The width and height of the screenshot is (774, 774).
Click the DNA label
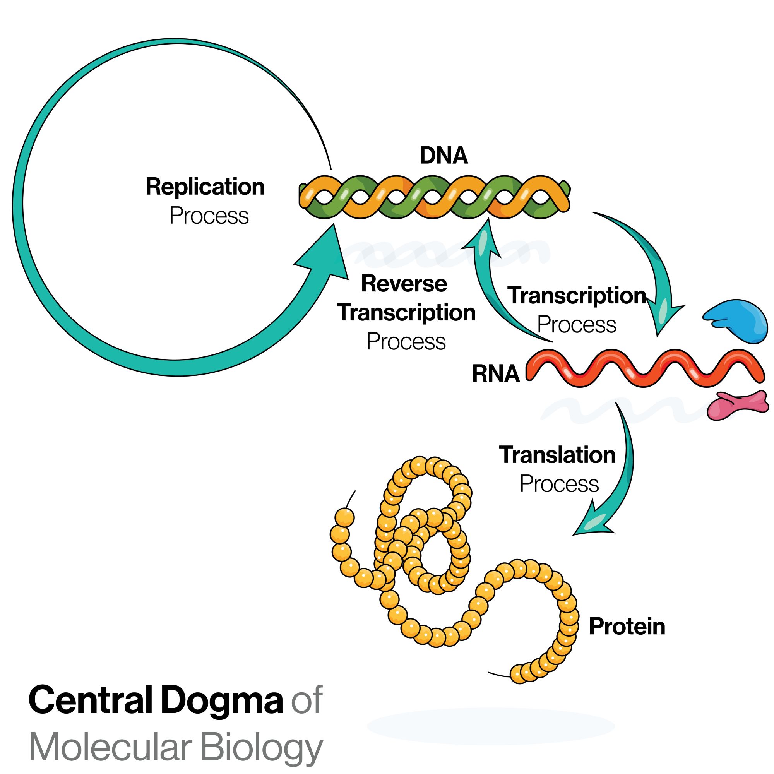pyautogui.click(x=444, y=156)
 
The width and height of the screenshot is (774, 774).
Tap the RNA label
pyautogui.click(x=496, y=374)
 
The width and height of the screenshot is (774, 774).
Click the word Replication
pyautogui.click(x=205, y=187)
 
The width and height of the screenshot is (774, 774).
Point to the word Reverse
pyautogui.click(x=404, y=284)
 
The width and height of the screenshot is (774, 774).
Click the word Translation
pyautogui.click(x=557, y=455)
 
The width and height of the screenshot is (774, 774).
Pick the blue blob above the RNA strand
pyautogui.click(x=737, y=321)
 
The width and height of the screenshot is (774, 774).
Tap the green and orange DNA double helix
pyautogui.click(x=435, y=197)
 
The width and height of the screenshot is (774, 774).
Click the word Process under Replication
pyautogui.click(x=209, y=216)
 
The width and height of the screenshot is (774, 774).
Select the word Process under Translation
pyautogui.click(x=559, y=484)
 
